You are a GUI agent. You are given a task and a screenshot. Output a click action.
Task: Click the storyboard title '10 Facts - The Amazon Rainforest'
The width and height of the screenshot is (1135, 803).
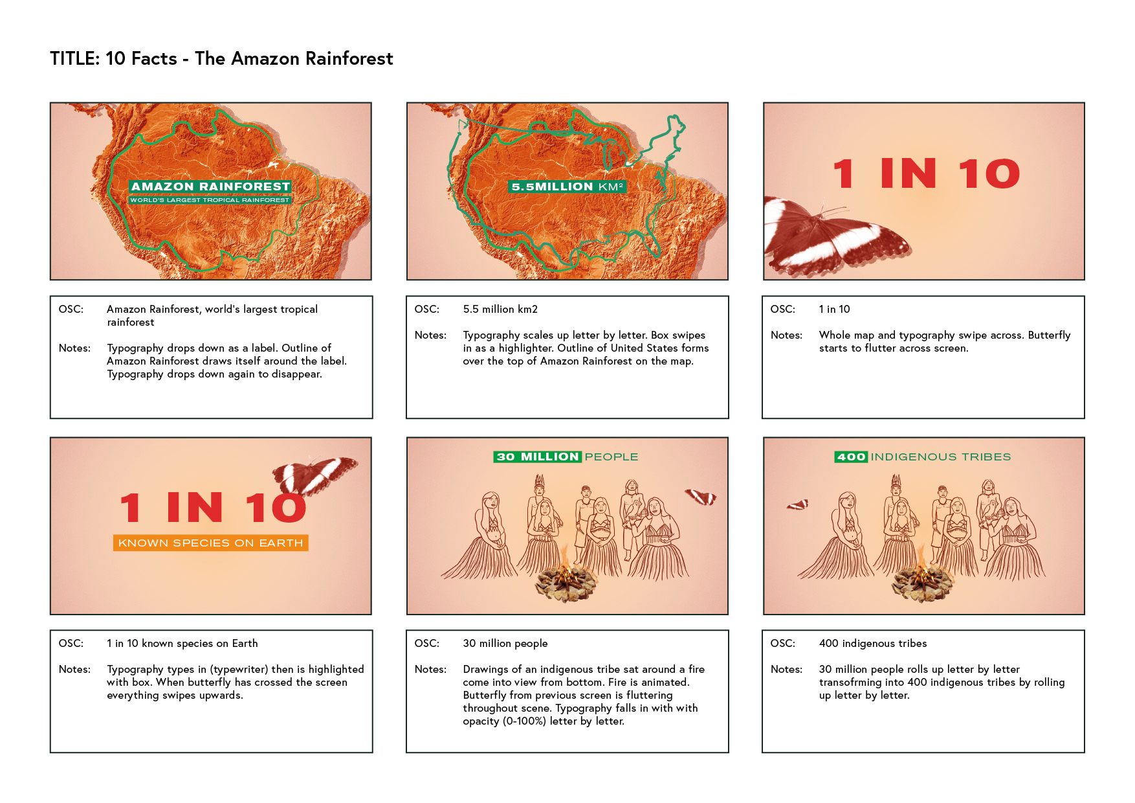[249, 59]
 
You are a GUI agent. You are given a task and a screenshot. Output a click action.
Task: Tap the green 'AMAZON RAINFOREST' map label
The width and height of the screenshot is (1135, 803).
[210, 187]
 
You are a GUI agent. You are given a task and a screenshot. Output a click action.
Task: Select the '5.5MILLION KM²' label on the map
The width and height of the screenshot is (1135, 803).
[567, 187]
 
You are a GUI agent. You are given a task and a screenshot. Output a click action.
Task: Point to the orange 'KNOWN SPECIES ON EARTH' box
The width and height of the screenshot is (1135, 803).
[211, 543]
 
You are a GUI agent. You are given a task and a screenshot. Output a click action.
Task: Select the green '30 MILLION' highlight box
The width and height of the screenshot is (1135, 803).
[538, 457]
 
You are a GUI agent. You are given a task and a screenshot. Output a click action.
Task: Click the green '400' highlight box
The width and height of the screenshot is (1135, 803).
[851, 457]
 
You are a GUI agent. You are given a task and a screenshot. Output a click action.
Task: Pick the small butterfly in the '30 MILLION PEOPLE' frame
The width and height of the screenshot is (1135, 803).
[701, 497]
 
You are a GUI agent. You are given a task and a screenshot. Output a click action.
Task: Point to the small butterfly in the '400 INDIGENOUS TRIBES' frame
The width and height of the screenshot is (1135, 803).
[798, 504]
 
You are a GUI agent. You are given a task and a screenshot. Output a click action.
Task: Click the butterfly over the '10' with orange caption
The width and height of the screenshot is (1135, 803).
[314, 473]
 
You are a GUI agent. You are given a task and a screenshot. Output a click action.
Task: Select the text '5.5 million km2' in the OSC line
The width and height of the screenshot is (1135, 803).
[500, 309]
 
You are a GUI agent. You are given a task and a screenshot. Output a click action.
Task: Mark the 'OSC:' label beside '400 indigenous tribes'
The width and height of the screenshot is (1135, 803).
[783, 643]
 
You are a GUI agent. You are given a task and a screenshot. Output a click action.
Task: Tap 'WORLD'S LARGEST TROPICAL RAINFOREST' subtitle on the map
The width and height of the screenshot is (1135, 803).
[210, 200]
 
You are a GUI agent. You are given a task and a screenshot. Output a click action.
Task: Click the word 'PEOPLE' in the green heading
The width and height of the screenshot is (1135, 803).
[612, 457]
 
